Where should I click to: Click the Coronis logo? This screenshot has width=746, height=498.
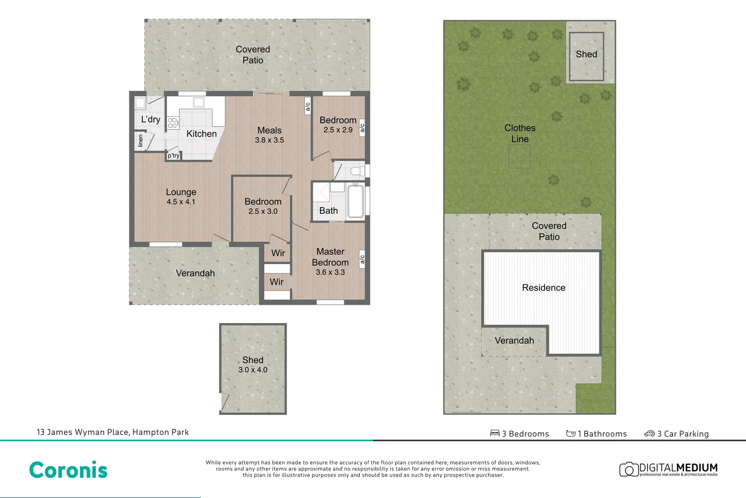[x=68, y=470]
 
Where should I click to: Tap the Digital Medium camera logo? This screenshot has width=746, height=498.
[x=629, y=469]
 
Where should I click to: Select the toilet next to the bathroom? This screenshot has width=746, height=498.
[x=357, y=171]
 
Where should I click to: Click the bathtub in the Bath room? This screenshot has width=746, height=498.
[x=355, y=201]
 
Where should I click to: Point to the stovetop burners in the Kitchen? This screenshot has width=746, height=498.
[x=173, y=123]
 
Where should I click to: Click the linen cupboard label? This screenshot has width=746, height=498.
[x=140, y=141]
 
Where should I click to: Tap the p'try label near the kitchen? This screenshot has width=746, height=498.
[x=173, y=156]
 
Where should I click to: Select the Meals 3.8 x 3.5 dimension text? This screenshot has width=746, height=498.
[x=269, y=140]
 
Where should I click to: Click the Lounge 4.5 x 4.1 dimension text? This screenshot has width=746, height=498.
[x=181, y=202]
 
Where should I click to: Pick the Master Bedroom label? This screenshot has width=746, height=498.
[x=330, y=257]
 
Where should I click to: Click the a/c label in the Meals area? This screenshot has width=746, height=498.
[x=307, y=107]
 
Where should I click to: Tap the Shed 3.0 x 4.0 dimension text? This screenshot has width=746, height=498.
[x=253, y=370]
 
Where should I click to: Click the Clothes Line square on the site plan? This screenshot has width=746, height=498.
[x=519, y=156]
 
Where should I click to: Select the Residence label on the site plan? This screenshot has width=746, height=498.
[x=543, y=288]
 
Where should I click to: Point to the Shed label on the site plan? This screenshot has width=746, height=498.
[x=586, y=54]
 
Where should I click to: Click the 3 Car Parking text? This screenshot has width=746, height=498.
[x=683, y=434]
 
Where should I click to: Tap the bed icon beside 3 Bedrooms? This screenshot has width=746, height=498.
[x=495, y=434]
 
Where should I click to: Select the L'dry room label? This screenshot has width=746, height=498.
[x=151, y=119]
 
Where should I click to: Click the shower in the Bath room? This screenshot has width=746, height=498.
[x=321, y=192]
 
